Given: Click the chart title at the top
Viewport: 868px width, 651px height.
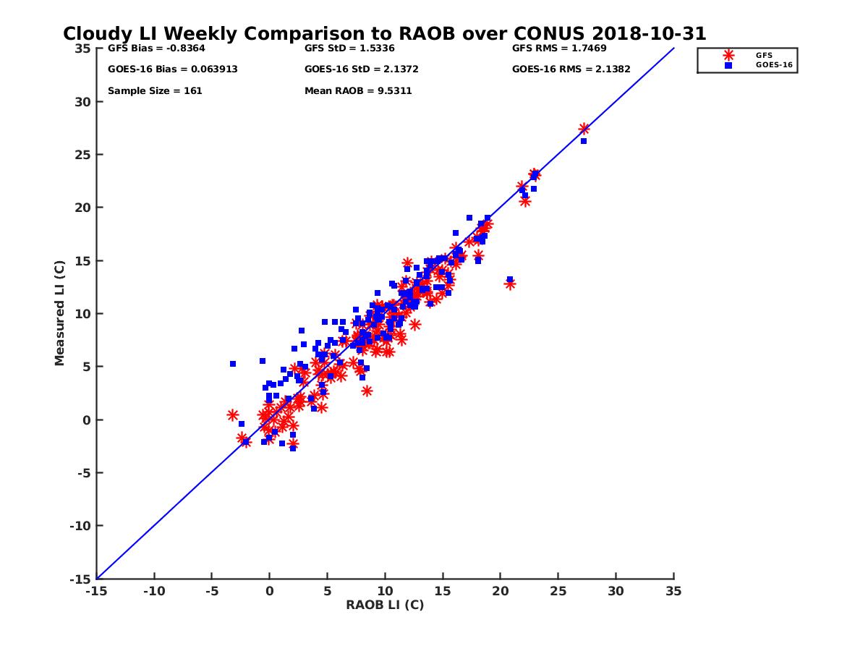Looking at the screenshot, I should pos(384,34).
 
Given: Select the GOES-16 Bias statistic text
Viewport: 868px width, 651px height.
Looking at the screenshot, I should pos(172,69).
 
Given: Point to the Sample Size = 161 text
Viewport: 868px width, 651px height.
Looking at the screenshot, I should pos(155,91).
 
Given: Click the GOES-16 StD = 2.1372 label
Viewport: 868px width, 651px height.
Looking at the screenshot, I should pos(361,69).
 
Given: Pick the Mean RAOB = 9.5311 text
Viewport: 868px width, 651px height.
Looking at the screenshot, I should pos(358,91).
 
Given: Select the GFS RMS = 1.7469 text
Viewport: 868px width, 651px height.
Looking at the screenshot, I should pos(558,48).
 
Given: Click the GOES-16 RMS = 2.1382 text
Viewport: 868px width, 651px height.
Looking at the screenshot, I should pos(571,69).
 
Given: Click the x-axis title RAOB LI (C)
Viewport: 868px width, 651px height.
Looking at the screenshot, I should pos(384,605).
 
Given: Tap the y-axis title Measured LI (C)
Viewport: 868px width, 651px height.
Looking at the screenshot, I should pos(60,313).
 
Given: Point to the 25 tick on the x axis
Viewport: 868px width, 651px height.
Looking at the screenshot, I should pos(558,591).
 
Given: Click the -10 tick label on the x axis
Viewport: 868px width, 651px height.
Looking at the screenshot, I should pos(153,591).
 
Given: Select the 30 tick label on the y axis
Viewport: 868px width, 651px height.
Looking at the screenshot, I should pos(83,101).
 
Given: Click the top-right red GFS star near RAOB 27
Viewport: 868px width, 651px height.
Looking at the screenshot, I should pos(584,129).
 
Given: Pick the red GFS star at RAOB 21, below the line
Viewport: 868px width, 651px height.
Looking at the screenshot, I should pos(510,284).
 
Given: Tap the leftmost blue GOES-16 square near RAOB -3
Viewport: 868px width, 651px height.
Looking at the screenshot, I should pos(233,364).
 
